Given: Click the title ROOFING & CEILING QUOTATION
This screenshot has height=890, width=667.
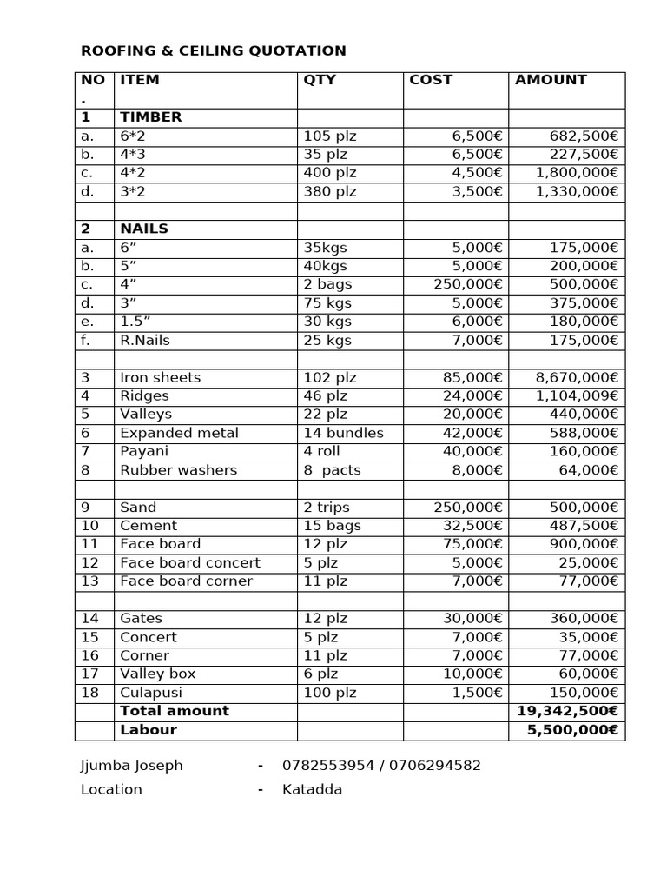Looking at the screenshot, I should [x=213, y=51].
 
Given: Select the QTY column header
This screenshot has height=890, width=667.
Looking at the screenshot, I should [x=320, y=80].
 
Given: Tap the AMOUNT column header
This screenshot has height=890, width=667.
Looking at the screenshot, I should [x=551, y=80].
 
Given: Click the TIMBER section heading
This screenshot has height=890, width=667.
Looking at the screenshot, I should [x=151, y=117].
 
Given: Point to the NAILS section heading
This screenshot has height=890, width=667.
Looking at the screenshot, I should [x=144, y=229].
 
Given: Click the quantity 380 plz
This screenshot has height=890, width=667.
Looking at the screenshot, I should [x=330, y=191].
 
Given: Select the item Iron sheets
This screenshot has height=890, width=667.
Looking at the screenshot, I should [x=160, y=377].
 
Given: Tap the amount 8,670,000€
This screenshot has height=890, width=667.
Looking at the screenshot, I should [x=577, y=377].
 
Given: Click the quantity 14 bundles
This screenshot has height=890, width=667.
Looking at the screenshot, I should [x=343, y=433].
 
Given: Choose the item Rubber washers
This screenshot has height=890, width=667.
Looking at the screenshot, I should [x=178, y=470].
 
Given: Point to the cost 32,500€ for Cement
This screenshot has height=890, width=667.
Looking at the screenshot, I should [x=470, y=526].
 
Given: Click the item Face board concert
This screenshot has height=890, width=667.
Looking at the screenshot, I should [x=190, y=562].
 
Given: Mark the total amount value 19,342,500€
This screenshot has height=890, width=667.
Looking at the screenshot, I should [x=567, y=711].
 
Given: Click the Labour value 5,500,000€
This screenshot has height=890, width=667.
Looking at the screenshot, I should [x=572, y=730].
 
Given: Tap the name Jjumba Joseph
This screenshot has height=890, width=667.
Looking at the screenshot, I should [x=132, y=766].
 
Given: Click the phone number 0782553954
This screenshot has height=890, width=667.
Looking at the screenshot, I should [x=328, y=766].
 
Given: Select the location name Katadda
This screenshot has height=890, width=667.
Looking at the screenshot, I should [x=312, y=789].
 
